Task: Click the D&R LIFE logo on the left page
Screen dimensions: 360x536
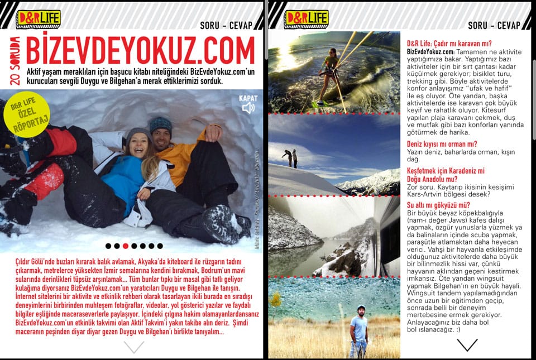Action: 39,18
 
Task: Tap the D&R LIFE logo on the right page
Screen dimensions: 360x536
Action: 306,18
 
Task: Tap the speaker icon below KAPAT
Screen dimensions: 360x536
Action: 248,108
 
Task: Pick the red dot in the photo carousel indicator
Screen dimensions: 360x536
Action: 126,246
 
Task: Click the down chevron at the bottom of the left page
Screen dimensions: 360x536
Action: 133,347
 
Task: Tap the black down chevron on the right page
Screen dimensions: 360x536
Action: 467,345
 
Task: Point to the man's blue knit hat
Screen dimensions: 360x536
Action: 161,124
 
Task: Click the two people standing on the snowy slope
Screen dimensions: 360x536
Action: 290,158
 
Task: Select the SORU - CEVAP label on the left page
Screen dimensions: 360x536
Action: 226,25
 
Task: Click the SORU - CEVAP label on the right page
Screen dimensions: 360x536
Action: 494,25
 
